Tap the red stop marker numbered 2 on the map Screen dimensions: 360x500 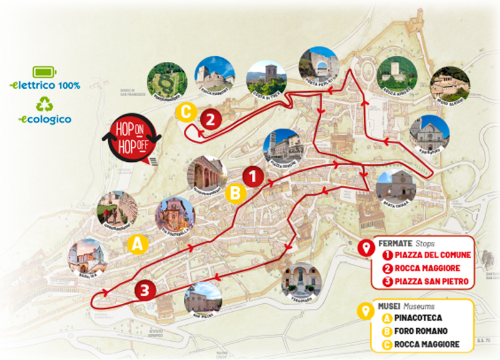[x=211, y=118]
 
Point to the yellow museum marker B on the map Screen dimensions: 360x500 [x=235, y=193]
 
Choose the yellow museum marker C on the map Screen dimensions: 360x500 [x=186, y=112]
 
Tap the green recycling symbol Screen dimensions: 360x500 [x=44, y=104]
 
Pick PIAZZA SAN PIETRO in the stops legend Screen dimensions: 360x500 [x=431, y=281]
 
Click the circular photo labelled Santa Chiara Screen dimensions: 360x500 [x=395, y=188]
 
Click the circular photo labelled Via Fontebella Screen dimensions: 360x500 [x=175, y=216]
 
